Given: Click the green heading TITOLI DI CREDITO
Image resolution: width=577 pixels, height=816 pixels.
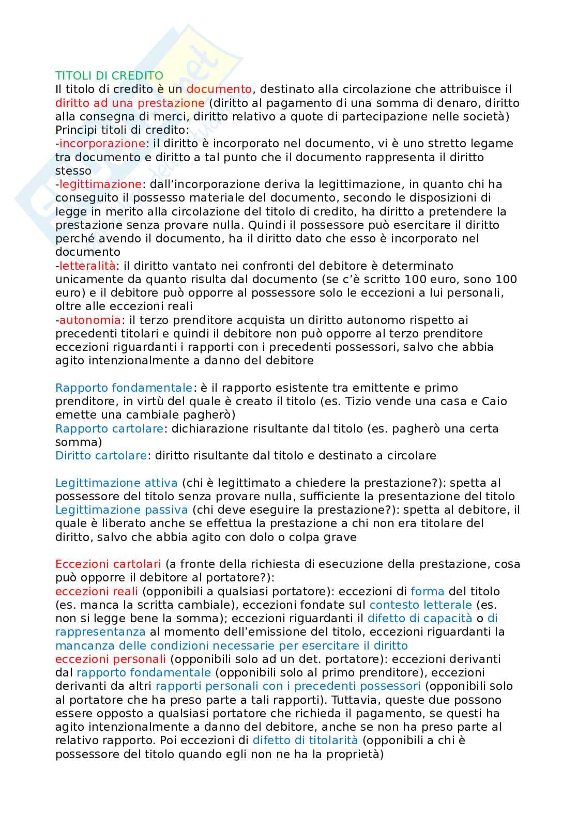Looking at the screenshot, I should pos(109,76).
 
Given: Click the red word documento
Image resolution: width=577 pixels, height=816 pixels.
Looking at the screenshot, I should pos(219,89).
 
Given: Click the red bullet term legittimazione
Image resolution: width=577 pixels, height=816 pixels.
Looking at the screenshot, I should pos(100,184).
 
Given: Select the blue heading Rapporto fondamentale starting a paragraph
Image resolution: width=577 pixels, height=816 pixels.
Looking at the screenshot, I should pos(124,388).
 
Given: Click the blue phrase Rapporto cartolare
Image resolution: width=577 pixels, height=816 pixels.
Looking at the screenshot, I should pos(110,428).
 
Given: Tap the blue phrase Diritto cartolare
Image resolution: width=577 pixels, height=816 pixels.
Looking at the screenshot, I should pos(101,455).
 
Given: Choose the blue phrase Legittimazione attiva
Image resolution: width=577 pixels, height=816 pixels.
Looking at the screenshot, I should pos(116,483).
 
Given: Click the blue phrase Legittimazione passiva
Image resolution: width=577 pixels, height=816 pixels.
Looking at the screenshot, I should pos(121,510).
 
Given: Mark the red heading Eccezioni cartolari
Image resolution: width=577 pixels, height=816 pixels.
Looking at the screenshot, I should pos(108,564).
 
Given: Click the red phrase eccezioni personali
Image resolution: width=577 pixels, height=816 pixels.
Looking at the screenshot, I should pos(111,659).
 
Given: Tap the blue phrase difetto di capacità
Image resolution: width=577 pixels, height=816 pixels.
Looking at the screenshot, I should pos(419,618).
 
